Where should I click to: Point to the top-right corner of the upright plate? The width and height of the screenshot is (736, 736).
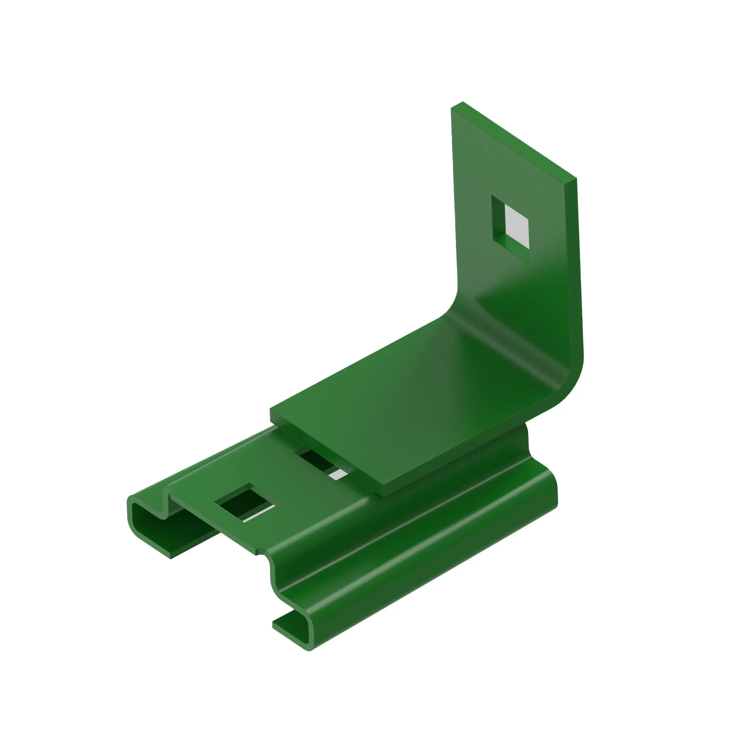(x=575, y=179)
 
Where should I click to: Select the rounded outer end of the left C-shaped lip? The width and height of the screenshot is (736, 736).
(x=130, y=510)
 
